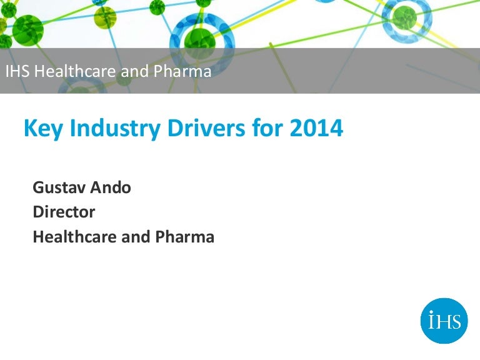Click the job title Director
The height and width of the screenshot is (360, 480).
pyautogui.click(x=64, y=212)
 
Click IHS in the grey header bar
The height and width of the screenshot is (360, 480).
pyautogui.click(x=17, y=71)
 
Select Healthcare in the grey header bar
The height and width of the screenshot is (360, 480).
pyautogui.click(x=74, y=71)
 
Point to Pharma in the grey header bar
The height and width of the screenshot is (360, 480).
pyautogui.click(x=182, y=71)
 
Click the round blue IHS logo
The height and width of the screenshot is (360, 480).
pyautogui.click(x=444, y=321)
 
